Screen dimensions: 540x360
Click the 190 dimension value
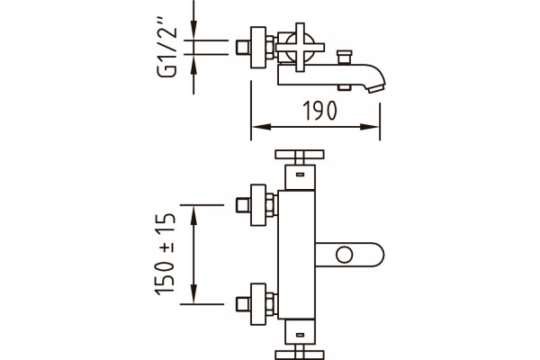coord(319,110)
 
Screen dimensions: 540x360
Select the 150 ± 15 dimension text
coord(166,254)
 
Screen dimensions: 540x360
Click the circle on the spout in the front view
coord(345,255)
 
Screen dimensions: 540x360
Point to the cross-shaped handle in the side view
coord(300,47)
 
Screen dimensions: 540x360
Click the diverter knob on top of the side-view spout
coord(345,57)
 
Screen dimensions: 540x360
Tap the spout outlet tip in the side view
coord(376,88)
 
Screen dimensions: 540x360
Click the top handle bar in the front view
coord(300,154)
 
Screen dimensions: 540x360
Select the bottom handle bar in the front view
coord(300,355)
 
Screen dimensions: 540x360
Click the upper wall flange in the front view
coord(258,205)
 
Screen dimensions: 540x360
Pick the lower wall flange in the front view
coord(258,304)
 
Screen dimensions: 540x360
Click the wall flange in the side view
coord(258,47)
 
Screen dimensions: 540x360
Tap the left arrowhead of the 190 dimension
coord(261,127)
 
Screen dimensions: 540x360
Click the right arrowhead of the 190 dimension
coord(370,127)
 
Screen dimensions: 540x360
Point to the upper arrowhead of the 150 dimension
coord(193,216)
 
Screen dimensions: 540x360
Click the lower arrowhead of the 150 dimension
coord(193,293)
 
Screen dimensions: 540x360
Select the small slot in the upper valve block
coord(300,175)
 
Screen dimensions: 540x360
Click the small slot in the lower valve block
coord(300,335)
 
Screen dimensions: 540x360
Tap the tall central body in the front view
coord(296,255)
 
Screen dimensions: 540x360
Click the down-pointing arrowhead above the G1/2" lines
coord(193,31)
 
